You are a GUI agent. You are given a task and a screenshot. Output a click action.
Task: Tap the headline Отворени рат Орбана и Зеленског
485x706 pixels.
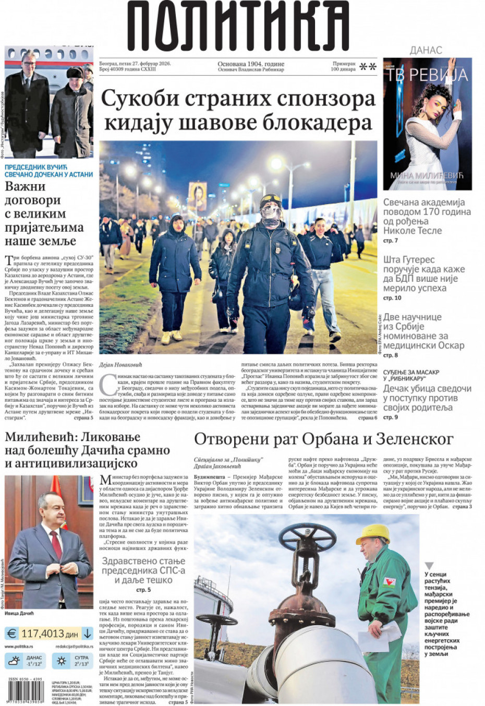tap(323, 439)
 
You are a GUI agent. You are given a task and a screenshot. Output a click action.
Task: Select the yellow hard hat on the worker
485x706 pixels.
tap(373, 534)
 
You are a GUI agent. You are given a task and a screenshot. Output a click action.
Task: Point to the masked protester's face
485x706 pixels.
tap(271, 211)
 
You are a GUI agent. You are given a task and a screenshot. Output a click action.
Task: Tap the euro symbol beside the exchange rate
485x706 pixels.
tap(11, 633)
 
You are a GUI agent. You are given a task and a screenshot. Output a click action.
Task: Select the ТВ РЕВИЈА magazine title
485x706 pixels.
tap(427, 75)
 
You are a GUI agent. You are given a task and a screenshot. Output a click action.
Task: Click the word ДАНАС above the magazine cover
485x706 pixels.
tap(426, 50)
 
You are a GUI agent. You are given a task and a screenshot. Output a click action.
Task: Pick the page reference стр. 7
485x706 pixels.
tap(391, 241)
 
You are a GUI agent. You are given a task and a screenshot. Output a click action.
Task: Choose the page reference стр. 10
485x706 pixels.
tap(392, 298)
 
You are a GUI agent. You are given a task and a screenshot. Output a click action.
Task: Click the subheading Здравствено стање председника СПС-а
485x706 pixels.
tap(143, 570)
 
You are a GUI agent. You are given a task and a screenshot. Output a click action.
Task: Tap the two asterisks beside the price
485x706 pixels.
tap(368, 67)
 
